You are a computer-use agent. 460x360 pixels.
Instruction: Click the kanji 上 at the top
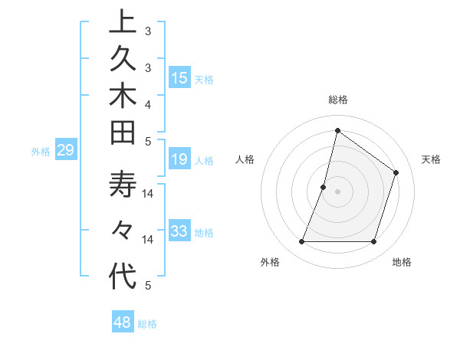coord(123,21)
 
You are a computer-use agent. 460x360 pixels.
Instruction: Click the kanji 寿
coord(123,188)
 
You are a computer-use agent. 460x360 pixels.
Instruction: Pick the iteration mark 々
coord(123,231)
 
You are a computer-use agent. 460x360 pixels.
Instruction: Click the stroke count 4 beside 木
coord(147,103)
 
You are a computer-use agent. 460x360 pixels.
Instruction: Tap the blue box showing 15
coord(179,78)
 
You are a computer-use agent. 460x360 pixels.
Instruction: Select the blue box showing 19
coord(179,159)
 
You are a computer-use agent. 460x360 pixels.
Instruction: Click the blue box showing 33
coord(179,231)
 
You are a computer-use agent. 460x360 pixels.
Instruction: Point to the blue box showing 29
coord(65,151)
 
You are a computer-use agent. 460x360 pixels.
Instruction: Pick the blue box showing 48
coord(123,322)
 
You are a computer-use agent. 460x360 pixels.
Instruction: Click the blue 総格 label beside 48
coord(148,324)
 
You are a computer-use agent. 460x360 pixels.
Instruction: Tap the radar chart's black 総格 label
coord(337,100)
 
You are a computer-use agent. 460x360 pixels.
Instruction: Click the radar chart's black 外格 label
coord(270,262)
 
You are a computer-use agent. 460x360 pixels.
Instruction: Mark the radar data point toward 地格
coord(373,242)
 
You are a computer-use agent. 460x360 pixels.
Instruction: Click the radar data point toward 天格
coord(396,172)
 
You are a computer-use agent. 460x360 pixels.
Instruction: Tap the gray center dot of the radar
coord(337,191)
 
